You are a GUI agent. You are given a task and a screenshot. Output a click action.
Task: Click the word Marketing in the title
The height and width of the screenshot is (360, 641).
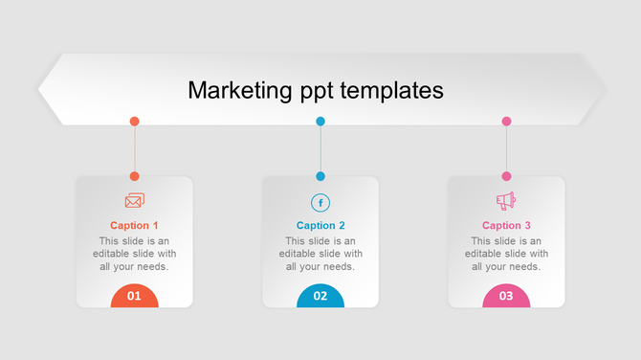coord(236,90)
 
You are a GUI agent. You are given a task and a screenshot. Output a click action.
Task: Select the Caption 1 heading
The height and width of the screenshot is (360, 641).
coord(135,226)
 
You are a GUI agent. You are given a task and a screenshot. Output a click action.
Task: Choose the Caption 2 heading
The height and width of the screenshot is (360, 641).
coord(320,226)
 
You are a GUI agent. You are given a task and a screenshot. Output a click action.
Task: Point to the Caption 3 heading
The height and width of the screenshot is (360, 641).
coord(506,226)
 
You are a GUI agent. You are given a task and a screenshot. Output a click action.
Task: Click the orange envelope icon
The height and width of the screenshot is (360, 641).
coord(135,201)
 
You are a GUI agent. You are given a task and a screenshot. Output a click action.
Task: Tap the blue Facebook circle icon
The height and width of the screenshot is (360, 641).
coord(320,202)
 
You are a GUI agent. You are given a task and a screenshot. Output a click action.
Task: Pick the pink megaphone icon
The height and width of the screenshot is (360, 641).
coord(506,201)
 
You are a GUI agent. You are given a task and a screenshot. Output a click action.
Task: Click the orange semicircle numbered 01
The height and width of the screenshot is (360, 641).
coord(135,296)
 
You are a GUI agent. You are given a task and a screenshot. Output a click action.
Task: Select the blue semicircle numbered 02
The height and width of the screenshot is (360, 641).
coord(320,296)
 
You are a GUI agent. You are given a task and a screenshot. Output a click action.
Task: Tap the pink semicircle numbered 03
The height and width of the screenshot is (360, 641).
coord(506,296)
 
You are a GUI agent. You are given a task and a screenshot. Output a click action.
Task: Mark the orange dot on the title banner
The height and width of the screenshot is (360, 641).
coord(135,122)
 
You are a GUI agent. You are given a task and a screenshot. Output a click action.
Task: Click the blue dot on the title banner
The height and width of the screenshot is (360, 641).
coord(320,122)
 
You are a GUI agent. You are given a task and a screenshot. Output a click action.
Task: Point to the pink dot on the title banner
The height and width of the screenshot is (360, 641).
coord(506,122)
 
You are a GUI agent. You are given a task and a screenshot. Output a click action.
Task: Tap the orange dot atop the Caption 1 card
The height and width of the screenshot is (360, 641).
coord(135,176)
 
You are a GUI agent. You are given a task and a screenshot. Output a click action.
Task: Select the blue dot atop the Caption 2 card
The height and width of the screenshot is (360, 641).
coord(320,176)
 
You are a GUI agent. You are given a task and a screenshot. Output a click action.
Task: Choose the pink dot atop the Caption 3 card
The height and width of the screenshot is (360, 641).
coord(506,176)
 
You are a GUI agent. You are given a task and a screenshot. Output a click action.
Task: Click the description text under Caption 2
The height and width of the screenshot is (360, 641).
coord(320,254)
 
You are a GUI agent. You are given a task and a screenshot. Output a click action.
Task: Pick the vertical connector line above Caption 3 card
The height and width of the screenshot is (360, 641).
coord(506,149)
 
